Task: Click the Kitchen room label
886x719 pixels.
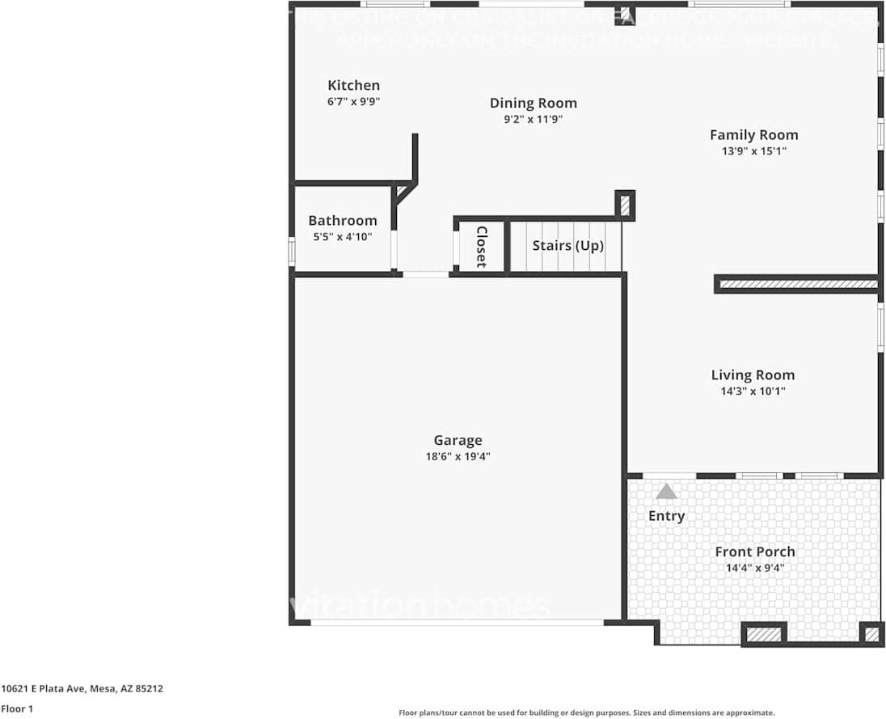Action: [x=353, y=85]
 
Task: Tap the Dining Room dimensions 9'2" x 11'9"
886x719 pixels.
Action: [x=533, y=119]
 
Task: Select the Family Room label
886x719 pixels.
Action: [x=753, y=135]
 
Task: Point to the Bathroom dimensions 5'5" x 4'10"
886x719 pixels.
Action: [x=342, y=237]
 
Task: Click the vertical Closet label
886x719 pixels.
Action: [x=481, y=246]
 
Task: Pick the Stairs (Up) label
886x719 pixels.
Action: [x=567, y=245]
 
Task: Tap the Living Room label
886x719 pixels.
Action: [x=753, y=374]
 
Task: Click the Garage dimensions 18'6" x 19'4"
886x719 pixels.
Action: [x=458, y=456]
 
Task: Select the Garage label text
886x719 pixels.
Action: [x=458, y=440]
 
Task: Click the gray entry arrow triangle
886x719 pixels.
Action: [x=666, y=491]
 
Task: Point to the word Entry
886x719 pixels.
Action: [x=666, y=516]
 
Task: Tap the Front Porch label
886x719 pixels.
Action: [x=754, y=552]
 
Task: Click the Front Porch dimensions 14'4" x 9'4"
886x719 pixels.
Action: [x=754, y=568]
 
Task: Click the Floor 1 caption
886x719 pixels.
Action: [x=17, y=708]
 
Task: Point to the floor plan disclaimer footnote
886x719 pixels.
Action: [x=586, y=713]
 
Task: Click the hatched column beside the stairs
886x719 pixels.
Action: [x=625, y=205]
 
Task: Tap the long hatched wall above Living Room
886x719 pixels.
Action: [x=798, y=284]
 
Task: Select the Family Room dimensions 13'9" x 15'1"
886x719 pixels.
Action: [x=753, y=151]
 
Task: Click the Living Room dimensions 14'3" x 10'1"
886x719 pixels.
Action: [x=753, y=391]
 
